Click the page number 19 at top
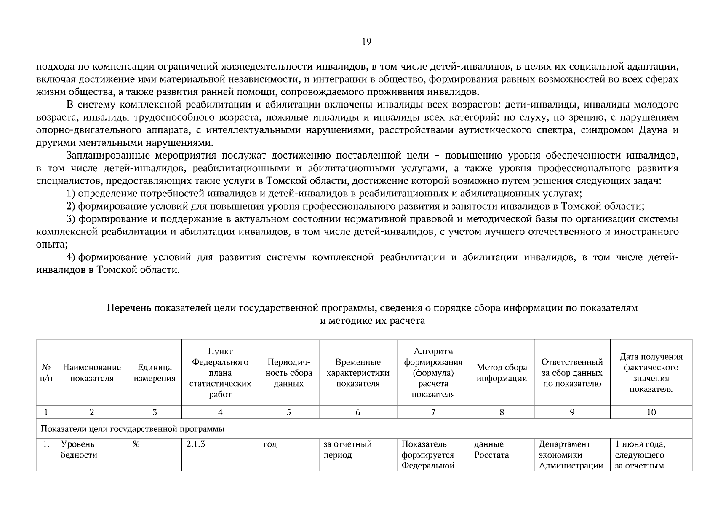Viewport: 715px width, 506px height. tap(366, 41)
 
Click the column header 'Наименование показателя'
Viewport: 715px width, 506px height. tap(92, 373)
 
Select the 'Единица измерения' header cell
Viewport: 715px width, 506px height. tap(155, 373)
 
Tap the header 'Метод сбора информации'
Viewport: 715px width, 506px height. tap(502, 373)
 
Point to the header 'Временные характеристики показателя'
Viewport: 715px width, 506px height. tap(357, 373)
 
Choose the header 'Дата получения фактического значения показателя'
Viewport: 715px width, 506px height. tap(651, 373)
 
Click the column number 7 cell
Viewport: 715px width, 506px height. tap(433, 412)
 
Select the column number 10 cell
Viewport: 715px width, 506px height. tap(651, 412)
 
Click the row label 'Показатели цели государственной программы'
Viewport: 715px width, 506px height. tap(133, 429)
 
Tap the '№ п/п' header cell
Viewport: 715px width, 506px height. tap(46, 373)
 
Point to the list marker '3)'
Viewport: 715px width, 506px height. tap(71, 219)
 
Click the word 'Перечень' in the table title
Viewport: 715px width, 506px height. tap(129, 308)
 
